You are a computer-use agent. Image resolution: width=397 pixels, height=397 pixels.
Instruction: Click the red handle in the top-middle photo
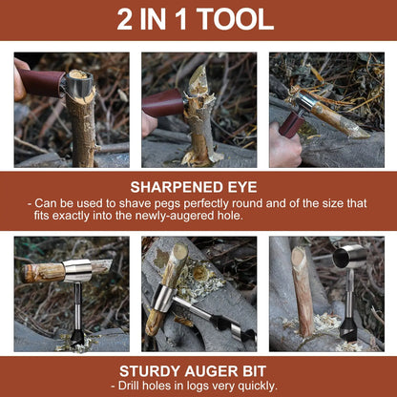[162, 102]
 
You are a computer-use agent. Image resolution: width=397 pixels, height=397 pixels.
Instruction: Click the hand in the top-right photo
[283, 148]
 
